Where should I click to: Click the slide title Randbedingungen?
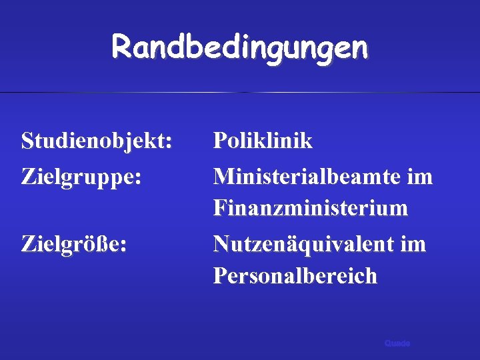click(x=239, y=47)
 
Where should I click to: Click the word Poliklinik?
click(x=263, y=141)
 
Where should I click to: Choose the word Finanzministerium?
click(x=311, y=209)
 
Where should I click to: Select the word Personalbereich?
click(x=295, y=275)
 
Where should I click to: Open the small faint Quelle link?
click(x=397, y=343)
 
